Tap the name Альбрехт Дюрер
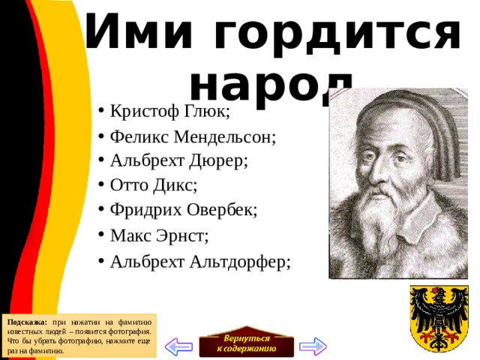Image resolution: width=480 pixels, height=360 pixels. point(178,160)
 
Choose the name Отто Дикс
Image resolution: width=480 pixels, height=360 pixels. point(154,184)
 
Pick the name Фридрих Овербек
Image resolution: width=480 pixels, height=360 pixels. point(183,209)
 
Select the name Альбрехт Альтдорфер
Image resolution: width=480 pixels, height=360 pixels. point(199,261)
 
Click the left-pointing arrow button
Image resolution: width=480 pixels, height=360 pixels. point(179,346)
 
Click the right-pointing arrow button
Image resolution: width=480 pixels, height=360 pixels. point(312,346)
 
